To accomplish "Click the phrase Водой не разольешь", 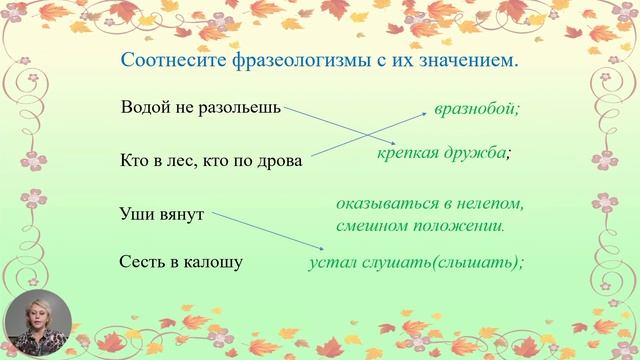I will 200,107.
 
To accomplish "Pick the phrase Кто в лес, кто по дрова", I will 210,160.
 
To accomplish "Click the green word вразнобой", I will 477,108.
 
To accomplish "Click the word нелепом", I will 490,203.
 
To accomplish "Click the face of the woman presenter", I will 37,319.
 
